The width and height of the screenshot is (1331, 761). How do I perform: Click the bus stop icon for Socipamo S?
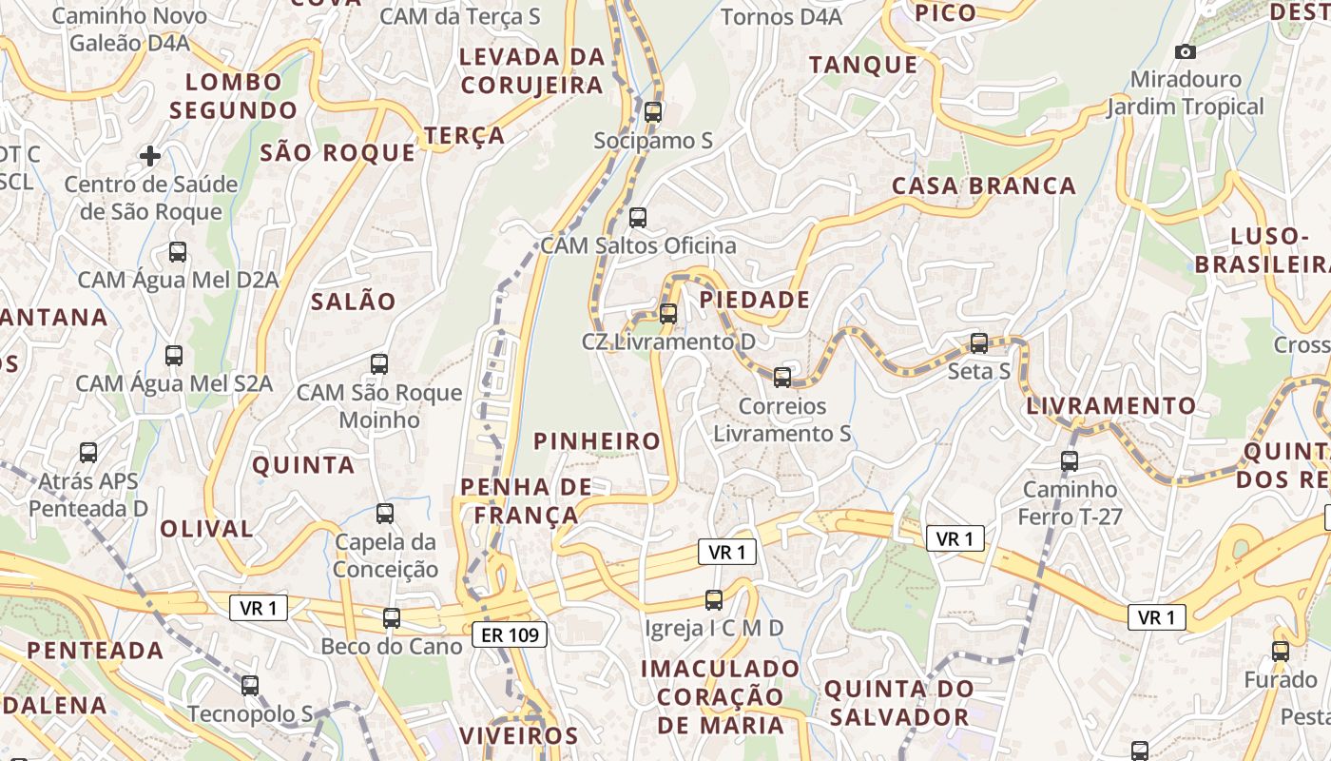652,111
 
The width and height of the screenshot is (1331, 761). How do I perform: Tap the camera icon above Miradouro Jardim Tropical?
1185,51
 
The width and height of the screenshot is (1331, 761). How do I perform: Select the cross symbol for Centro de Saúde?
150,155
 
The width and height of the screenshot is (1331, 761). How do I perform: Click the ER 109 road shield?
510,634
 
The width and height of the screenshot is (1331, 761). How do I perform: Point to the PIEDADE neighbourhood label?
755,300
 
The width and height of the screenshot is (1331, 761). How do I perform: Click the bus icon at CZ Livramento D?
668,313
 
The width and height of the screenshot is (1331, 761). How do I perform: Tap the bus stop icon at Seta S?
979,343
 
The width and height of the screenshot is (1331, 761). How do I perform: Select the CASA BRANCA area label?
984,185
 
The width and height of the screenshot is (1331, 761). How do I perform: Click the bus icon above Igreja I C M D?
714,599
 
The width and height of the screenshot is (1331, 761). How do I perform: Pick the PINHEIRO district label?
597,440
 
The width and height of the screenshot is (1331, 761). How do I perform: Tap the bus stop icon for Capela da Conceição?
385,514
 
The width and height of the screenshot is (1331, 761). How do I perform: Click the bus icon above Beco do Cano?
392,618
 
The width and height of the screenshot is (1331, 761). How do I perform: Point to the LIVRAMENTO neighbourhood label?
1111,406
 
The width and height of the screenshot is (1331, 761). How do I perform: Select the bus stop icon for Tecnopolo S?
250,685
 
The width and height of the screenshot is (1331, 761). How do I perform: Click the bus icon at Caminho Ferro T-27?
1070,461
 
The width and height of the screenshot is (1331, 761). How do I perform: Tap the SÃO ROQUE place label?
338,153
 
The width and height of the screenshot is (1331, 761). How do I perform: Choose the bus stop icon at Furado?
1281,652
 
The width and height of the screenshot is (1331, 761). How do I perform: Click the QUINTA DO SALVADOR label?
899,703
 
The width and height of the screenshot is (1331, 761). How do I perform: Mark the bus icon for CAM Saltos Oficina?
638,217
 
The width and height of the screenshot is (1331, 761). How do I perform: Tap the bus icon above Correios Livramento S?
782,378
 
